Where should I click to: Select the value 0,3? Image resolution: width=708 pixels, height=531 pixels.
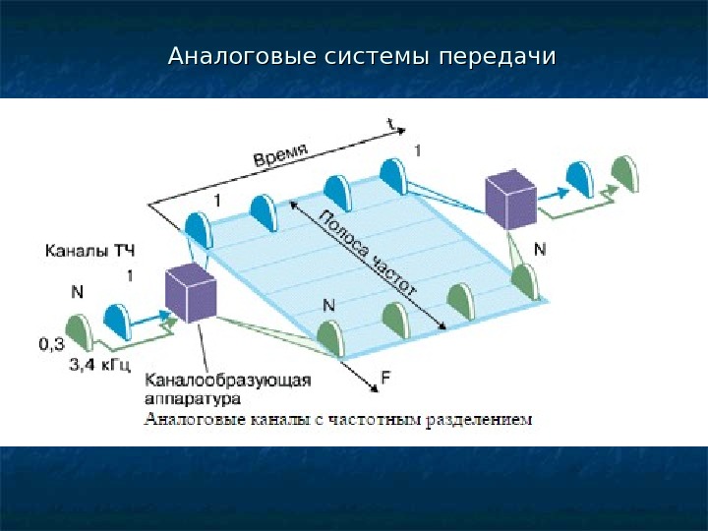pos(52,344)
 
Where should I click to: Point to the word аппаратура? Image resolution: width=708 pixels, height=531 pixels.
pos(193,400)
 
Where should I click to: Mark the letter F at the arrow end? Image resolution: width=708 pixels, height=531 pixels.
pos(386,376)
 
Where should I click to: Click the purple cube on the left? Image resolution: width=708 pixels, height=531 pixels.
pos(191,292)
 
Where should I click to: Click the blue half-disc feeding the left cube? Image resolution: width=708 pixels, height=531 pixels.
pos(118,322)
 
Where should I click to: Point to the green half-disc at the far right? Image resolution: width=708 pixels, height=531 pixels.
pos(623,174)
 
